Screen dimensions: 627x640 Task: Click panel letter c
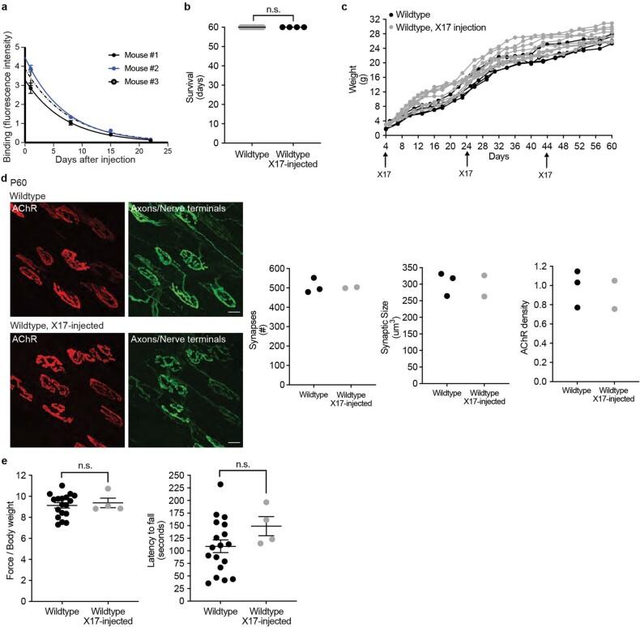[346, 8]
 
